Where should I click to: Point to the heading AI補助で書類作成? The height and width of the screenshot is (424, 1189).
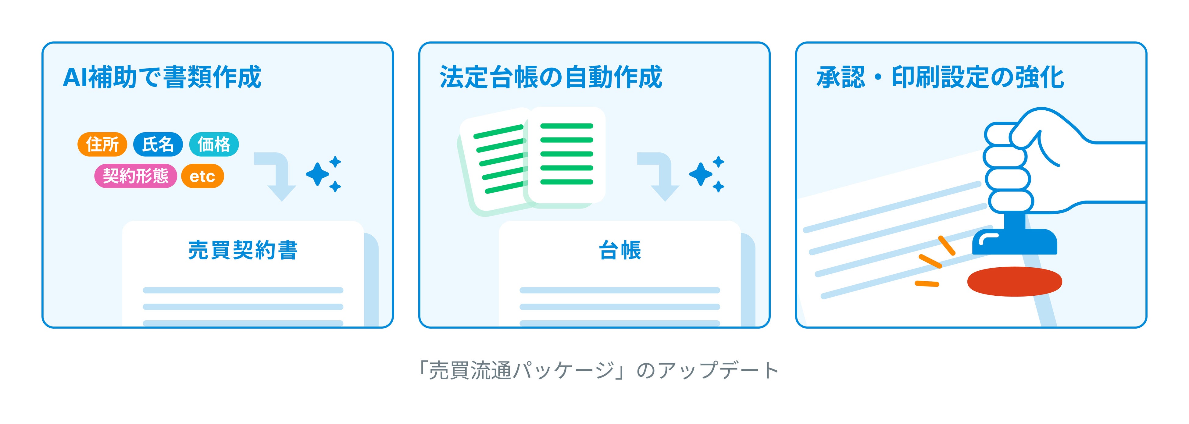tap(162, 77)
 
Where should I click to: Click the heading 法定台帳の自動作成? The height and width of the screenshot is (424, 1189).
tap(551, 77)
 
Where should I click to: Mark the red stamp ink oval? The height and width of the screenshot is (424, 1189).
tap(1014, 281)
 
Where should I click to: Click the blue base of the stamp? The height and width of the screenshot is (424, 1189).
tap(1014, 242)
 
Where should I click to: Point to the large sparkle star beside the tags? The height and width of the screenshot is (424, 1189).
tap(318, 174)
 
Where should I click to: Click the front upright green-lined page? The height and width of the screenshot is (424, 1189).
tap(566, 155)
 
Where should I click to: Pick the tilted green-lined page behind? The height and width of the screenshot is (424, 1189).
tap(494, 162)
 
